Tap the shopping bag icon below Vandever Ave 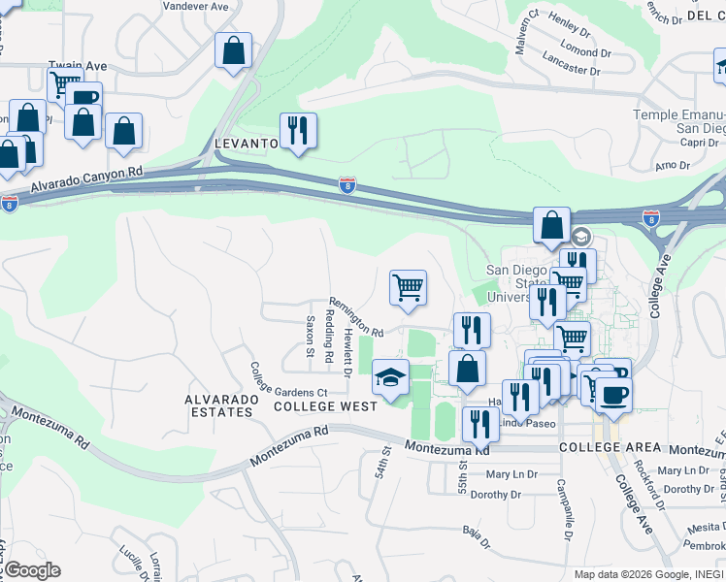[x=233, y=51]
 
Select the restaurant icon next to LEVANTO [x=298, y=132]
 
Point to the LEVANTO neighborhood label [x=246, y=144]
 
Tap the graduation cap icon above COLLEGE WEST [x=390, y=377]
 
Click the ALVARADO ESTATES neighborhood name [x=219, y=405]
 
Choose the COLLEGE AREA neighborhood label [x=610, y=448]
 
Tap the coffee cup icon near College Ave [x=612, y=395]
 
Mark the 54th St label [x=384, y=461]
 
